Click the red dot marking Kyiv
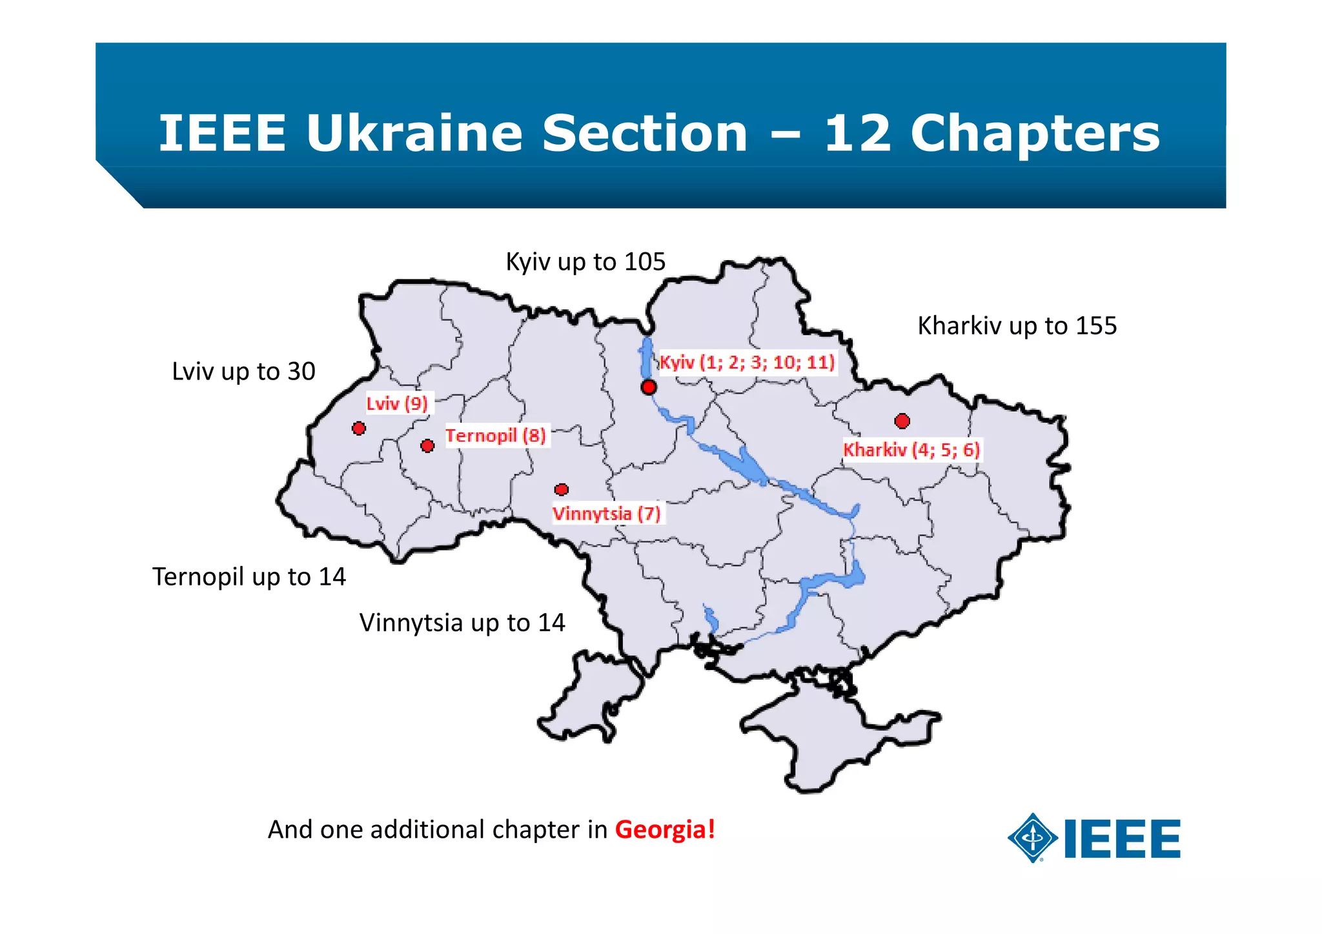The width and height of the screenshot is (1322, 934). pyautogui.click(x=649, y=387)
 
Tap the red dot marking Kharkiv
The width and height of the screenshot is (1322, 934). pyautogui.click(x=902, y=421)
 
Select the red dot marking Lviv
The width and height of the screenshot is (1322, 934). pyautogui.click(x=359, y=428)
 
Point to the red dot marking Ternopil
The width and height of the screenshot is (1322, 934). pyautogui.click(x=427, y=446)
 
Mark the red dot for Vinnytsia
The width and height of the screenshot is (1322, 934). pyautogui.click(x=562, y=490)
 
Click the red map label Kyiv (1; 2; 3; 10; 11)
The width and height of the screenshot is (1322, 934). pyautogui.click(x=747, y=362)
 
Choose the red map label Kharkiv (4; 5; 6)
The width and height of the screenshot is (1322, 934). pyautogui.click(x=911, y=449)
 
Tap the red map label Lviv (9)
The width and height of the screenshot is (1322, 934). pyautogui.click(x=397, y=404)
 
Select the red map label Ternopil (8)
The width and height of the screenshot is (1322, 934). pyautogui.click(x=496, y=436)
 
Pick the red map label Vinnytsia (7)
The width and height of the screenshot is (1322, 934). pyautogui.click(x=607, y=514)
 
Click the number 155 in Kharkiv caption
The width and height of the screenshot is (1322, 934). pyautogui.click(x=1096, y=326)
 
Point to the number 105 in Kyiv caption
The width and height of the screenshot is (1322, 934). pyautogui.click(x=645, y=262)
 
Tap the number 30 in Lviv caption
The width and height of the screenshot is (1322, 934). pyautogui.click(x=301, y=372)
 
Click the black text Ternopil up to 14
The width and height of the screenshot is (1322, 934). pyautogui.click(x=249, y=577)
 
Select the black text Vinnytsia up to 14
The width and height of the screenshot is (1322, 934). pyautogui.click(x=462, y=623)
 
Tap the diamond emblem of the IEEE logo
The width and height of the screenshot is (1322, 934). pyautogui.click(x=1033, y=838)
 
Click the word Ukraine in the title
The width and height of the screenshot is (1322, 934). pyautogui.click(x=414, y=134)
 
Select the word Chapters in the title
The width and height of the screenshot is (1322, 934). pyautogui.click(x=1035, y=134)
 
